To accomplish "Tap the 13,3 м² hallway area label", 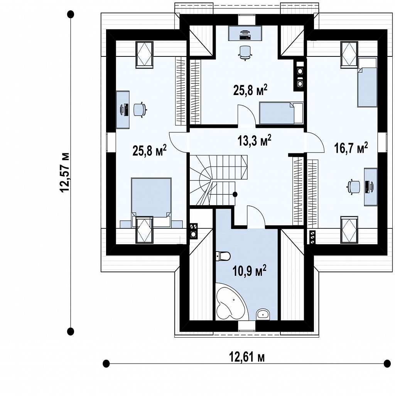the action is coord(255,140).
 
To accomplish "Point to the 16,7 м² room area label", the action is coord(351,148).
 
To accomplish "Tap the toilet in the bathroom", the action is coord(223,256).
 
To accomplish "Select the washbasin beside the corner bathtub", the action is coord(263,314).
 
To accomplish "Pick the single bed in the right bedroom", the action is coord(367,83).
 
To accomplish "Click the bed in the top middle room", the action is coord(281,113).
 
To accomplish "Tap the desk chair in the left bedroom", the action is coord(140,110).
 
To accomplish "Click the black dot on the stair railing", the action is coord(235,194).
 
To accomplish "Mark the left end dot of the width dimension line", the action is coord(106,364).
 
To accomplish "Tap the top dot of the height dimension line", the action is coord(71,14).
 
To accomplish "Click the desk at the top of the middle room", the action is coord(245,33).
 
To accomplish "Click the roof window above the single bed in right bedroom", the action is coord(349,54).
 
